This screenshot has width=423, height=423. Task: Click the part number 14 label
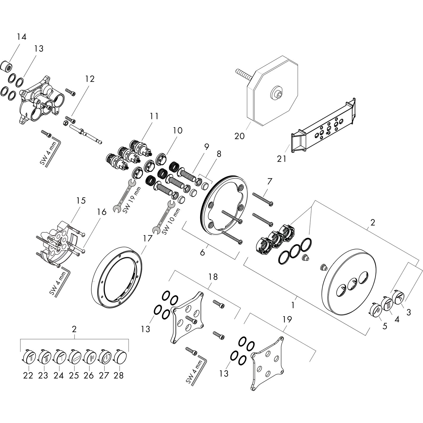point(22,36)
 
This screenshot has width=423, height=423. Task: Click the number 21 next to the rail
point(282,159)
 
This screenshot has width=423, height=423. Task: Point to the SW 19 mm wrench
point(124,195)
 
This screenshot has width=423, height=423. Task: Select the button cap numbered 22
point(28,356)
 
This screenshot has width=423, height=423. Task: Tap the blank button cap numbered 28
point(120,356)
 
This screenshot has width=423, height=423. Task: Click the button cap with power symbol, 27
point(105,356)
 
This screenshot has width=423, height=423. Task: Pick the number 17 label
point(148,238)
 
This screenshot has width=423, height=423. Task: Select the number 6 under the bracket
point(202,252)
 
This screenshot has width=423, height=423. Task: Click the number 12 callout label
point(90,79)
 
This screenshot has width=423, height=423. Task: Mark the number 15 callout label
point(81,201)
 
